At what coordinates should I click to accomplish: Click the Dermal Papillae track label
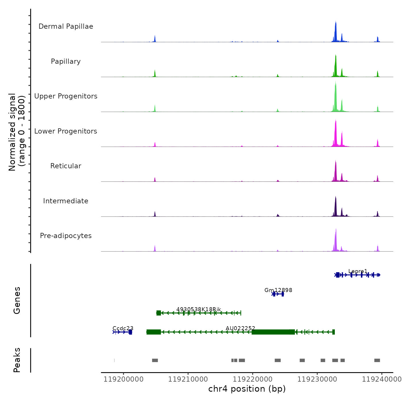(66, 26)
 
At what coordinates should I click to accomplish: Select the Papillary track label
(66, 61)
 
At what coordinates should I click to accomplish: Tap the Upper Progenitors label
(66, 96)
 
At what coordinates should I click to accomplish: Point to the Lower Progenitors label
(66, 131)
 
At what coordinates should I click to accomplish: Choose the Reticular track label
(66, 166)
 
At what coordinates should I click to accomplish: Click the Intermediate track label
(66, 201)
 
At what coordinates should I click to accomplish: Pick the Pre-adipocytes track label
(66, 236)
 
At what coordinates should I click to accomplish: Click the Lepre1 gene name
(358, 271)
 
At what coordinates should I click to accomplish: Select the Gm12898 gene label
(278, 290)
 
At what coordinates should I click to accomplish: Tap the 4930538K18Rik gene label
(199, 309)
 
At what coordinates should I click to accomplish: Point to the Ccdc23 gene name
(123, 328)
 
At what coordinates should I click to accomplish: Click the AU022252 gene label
(240, 328)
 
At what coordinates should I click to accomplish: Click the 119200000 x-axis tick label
(123, 379)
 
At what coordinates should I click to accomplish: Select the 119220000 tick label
(253, 379)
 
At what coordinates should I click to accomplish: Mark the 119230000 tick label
(317, 379)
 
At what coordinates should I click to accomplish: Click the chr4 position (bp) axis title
(247, 389)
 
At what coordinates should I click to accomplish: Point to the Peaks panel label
(17, 360)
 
